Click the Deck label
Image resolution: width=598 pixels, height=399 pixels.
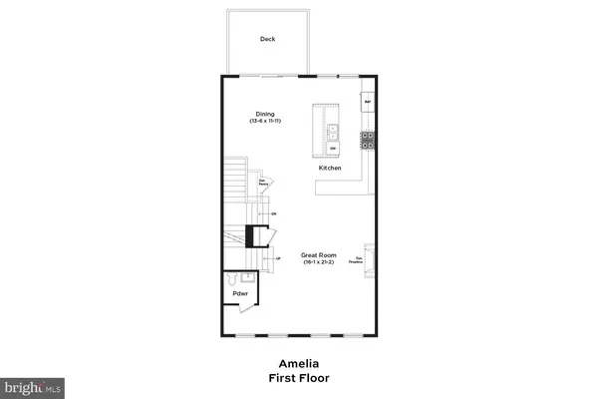(x=267, y=40)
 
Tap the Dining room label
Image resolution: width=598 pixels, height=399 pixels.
(x=264, y=113)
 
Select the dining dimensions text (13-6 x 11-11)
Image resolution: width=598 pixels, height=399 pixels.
(x=264, y=121)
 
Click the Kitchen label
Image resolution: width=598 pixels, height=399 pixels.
(x=330, y=169)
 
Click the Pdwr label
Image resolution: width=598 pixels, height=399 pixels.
(x=240, y=293)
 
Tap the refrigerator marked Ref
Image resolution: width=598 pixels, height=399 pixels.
(x=367, y=102)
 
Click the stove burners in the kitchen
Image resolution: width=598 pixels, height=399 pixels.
(x=367, y=140)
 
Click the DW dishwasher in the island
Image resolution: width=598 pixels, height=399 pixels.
(x=333, y=148)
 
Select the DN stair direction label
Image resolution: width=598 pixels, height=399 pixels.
(x=272, y=213)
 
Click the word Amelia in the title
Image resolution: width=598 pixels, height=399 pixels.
(x=298, y=365)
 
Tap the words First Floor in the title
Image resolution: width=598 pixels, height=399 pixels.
(x=298, y=379)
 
